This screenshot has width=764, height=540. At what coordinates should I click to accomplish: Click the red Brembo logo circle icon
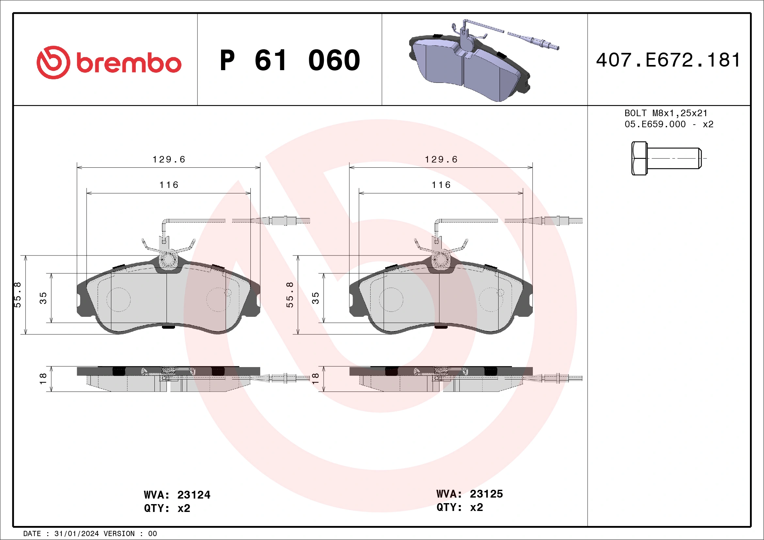(x=53, y=63)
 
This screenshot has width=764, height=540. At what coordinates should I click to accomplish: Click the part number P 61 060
(x=290, y=60)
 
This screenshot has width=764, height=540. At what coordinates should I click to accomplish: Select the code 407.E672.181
(x=668, y=60)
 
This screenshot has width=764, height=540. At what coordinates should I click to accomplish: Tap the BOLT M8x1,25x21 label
(x=665, y=113)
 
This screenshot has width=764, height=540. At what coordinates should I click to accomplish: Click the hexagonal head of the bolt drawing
(x=639, y=158)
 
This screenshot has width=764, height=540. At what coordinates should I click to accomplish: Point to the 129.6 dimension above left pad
(x=169, y=160)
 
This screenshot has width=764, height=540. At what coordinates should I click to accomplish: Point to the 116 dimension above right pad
(x=441, y=185)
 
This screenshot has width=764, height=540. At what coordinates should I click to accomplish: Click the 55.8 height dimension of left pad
(x=17, y=295)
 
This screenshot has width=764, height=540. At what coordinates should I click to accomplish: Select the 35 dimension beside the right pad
(x=315, y=298)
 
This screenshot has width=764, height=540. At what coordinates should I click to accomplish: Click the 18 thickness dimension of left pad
(x=43, y=379)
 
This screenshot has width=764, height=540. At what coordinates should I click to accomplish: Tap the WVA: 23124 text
(x=177, y=495)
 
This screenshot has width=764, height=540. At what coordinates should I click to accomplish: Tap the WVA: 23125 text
(x=469, y=494)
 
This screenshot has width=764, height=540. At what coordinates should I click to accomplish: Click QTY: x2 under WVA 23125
(x=459, y=507)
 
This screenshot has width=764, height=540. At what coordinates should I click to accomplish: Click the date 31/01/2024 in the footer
(x=76, y=534)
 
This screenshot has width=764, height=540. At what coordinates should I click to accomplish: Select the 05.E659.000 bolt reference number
(x=655, y=124)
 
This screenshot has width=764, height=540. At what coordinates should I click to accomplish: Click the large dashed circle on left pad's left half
(x=119, y=299)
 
